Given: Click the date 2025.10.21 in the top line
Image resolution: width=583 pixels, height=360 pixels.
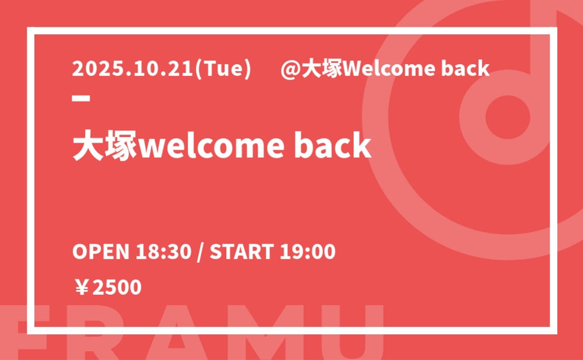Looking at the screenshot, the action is coord(133,69).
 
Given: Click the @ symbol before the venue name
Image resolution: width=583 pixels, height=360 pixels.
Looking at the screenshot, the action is coord(290,69).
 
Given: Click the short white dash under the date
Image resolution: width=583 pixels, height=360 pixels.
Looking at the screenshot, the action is coord(81,98).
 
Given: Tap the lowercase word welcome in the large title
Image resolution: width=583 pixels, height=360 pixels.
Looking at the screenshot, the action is coord(212,145).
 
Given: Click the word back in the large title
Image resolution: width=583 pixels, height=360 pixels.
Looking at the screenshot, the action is coord(333,145).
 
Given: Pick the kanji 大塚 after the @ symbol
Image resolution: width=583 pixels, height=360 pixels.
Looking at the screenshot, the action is coord(322,69).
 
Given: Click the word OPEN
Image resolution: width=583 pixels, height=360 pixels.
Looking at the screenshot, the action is coord(101,252).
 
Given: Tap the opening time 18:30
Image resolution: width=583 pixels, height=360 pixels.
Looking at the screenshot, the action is coord(163,252).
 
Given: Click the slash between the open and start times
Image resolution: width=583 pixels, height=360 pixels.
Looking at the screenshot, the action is coord(201,252).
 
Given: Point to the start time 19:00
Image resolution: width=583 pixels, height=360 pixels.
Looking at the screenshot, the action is coord(307,252).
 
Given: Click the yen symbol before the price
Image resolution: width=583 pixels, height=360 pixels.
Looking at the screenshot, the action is coord(82,288).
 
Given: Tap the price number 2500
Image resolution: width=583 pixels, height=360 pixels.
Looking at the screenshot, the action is coord(117,288).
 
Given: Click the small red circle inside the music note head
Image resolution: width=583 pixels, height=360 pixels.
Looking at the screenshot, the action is coord(508,117).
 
